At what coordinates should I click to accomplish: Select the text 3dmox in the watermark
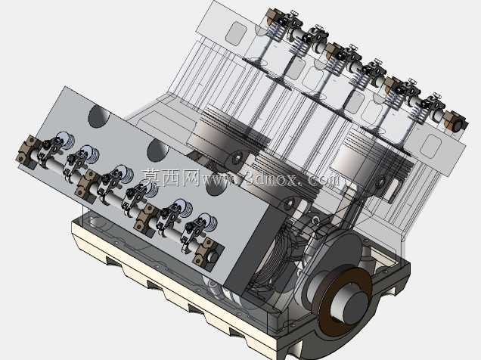pyautogui.click(x=268, y=178)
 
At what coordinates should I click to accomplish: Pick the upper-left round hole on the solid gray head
pyautogui.click(x=99, y=116)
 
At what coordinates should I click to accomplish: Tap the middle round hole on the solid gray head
pyautogui.click(x=158, y=151)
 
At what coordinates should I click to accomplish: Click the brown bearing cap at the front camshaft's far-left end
pyautogui.click(x=28, y=152)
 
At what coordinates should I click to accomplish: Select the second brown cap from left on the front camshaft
pyautogui.click(x=87, y=185)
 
